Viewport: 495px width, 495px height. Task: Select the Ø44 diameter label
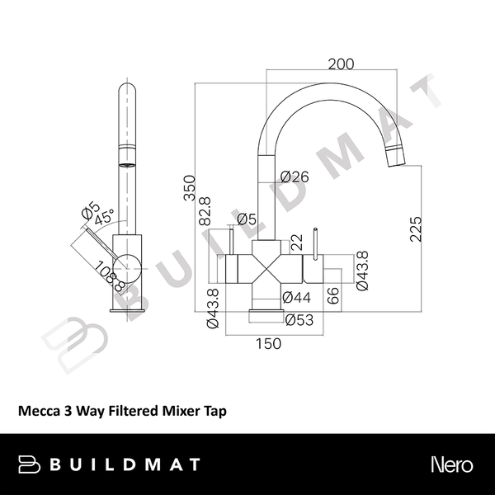[295, 297]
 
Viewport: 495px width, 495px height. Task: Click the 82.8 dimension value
[205, 212]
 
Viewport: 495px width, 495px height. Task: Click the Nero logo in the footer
[450, 464]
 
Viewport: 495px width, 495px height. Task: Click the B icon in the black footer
[31, 464]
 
